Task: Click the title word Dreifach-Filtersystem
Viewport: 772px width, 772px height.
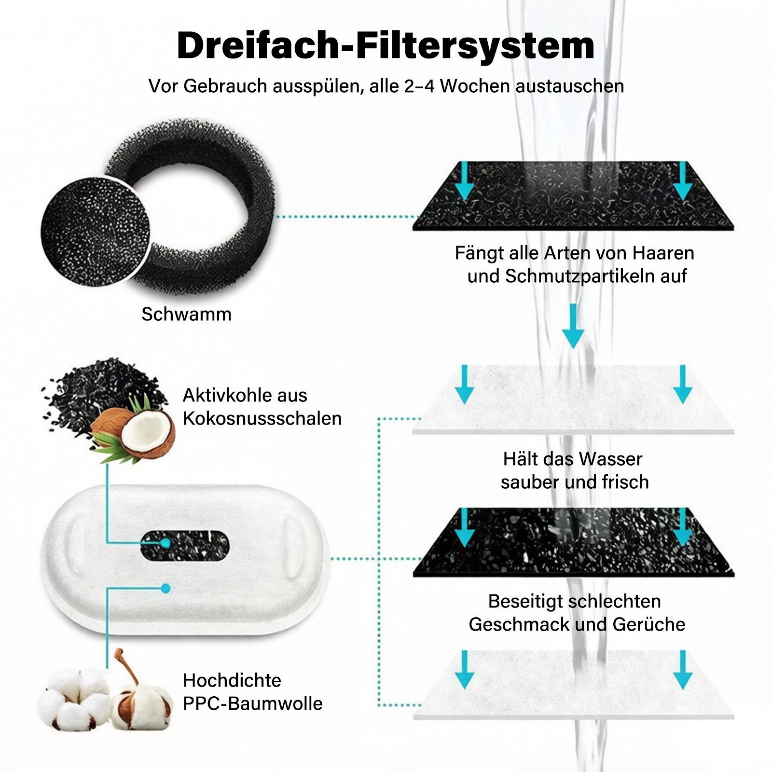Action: tap(386, 46)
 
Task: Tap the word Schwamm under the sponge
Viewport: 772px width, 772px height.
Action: tap(186, 314)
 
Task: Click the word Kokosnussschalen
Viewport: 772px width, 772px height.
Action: tap(262, 418)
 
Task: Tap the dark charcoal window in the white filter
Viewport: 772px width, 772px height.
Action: tap(185, 546)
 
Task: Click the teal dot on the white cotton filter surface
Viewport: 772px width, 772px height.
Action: tap(165, 588)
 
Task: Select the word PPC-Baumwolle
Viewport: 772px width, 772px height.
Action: tap(252, 703)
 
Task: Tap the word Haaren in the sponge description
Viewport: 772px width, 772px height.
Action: tap(663, 253)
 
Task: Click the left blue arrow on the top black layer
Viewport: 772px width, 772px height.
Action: tap(464, 181)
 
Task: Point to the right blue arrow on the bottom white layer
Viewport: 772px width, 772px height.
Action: tap(682, 670)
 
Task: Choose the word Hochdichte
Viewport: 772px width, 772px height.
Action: tap(232, 680)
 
